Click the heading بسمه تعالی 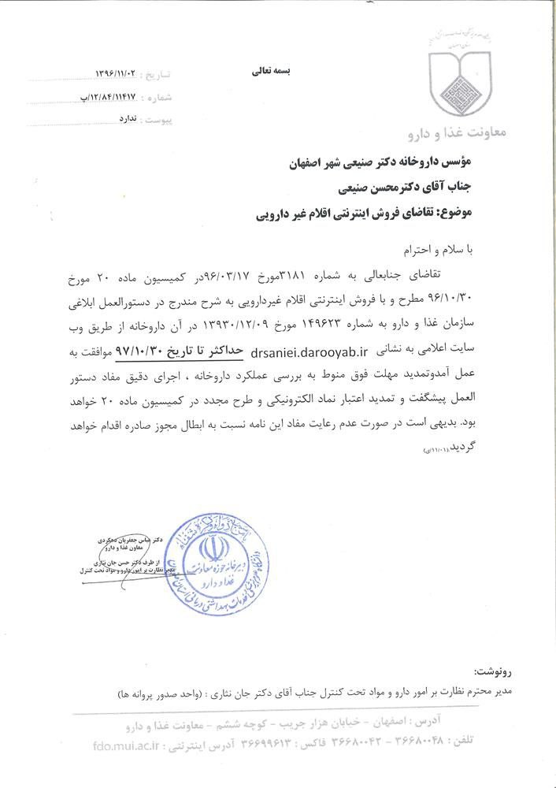271,70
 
